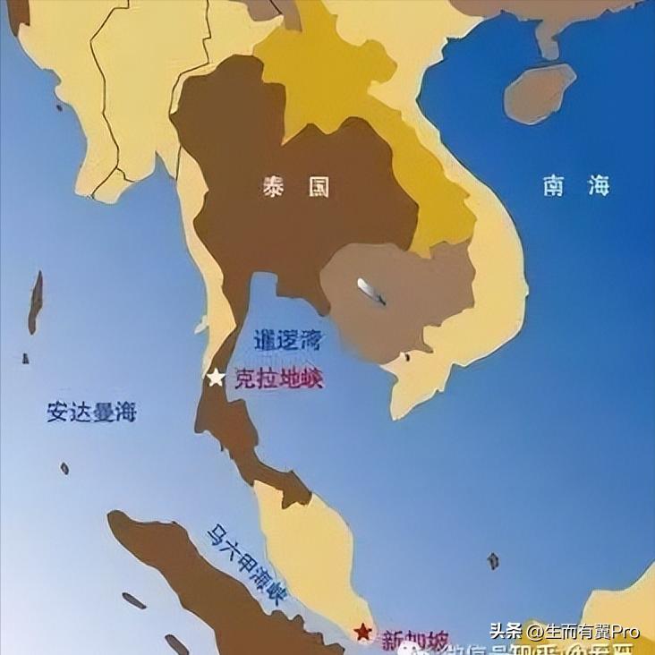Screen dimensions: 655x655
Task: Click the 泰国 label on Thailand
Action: [295, 187]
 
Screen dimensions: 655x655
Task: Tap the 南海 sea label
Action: [575, 186]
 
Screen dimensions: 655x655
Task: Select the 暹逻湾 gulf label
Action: [288, 340]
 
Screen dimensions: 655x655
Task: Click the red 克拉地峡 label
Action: [278, 379]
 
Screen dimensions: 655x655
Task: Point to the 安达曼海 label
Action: [91, 413]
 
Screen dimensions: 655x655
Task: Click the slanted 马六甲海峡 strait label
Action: [245, 565]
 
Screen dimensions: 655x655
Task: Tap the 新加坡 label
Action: [413, 640]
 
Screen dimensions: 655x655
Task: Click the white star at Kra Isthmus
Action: [216, 378]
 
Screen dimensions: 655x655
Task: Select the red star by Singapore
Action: [362, 632]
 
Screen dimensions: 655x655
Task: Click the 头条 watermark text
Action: [506, 631]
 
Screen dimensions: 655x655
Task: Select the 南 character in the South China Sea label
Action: [552, 186]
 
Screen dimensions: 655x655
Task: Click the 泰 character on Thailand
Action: [273, 187]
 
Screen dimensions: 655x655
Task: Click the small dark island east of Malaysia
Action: [493, 561]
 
